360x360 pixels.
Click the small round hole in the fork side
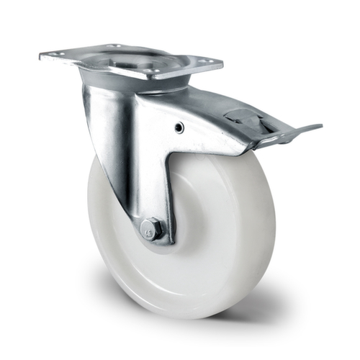179,127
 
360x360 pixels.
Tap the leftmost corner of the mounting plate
40,55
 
